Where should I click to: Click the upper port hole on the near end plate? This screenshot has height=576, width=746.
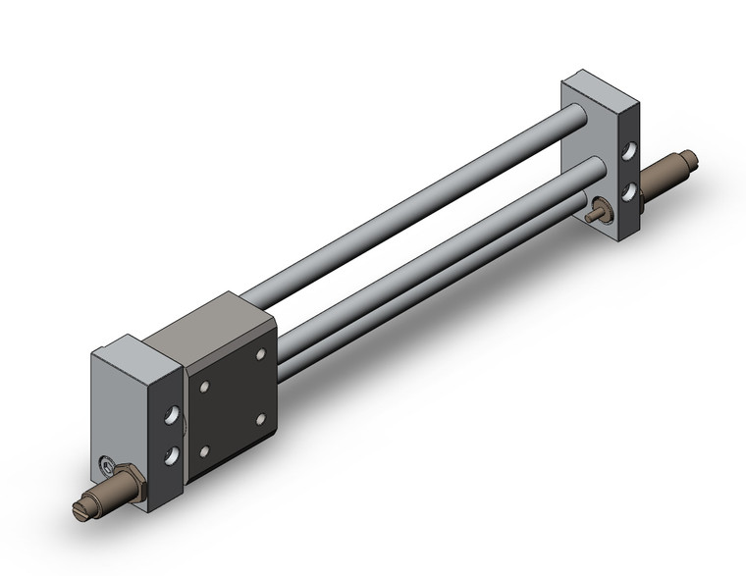(173, 416)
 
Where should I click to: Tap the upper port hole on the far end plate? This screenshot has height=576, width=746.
(628, 152)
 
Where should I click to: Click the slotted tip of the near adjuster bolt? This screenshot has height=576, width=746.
(81, 508)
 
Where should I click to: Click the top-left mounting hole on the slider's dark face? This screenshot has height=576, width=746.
(204, 388)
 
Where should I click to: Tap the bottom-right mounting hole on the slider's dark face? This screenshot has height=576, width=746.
(261, 418)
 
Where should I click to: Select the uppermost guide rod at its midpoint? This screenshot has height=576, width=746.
(412, 206)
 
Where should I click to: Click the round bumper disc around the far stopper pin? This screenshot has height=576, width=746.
(602, 209)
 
